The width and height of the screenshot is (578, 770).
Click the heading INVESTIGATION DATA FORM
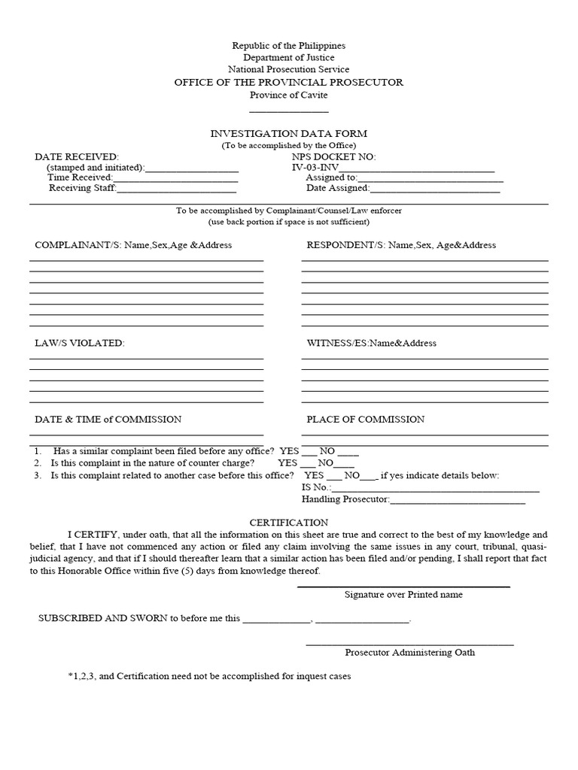[288, 133]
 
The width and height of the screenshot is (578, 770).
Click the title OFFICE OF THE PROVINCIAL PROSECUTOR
[288, 82]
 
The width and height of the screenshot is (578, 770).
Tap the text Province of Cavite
[288, 95]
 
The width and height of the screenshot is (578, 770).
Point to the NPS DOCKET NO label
[333, 156]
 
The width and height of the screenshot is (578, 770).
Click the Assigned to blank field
[425, 179]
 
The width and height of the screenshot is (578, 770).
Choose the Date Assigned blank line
[434, 189]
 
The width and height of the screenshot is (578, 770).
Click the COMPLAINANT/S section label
[133, 245]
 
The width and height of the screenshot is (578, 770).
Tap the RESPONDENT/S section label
[401, 245]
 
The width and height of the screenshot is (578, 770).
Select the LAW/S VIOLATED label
[79, 343]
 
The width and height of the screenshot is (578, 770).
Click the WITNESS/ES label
[371, 343]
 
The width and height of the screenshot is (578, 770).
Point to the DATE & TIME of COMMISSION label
[108, 420]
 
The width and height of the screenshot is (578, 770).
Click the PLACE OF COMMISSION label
[365, 420]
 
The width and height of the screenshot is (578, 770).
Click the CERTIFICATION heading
[288, 522]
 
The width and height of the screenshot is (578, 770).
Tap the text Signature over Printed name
[403, 595]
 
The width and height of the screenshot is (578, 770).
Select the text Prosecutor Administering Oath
[410, 653]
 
